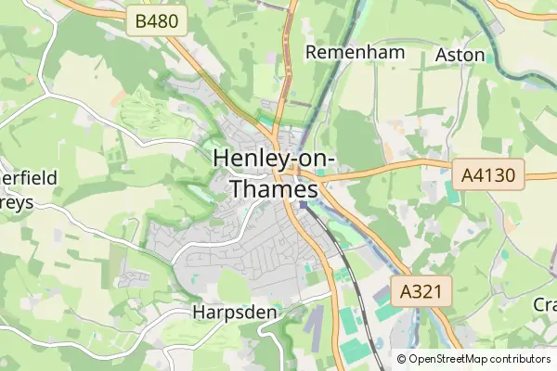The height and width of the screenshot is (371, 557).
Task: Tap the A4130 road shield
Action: coord(488,173)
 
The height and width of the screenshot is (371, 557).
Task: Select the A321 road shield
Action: coord(421,291)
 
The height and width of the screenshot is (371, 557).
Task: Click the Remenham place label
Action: coord(356,52)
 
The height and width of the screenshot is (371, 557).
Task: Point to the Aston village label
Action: coord(460,55)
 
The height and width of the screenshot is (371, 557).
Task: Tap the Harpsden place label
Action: coord(235,313)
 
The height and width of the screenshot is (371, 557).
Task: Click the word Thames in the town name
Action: coord(274,188)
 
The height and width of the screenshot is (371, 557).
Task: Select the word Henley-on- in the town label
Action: coord(274,159)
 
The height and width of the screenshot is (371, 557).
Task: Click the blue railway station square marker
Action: coord(303,204)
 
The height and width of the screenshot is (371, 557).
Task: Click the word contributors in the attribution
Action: coord(524,359)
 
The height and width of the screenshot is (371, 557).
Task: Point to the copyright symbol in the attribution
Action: coord(402,359)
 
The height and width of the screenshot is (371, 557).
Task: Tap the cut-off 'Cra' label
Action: coord(544,304)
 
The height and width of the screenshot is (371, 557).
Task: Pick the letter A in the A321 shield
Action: coord(405,291)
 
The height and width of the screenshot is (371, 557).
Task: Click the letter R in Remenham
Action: coord(313,52)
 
